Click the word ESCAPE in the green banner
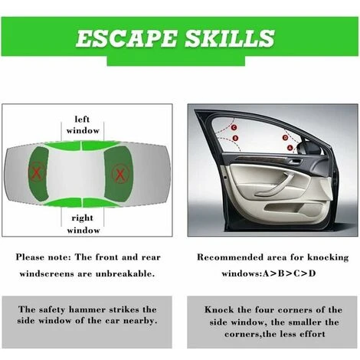[x=126, y=38]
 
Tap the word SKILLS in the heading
[x=230, y=38]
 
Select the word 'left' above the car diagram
[x=82, y=119]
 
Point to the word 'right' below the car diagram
[x=82, y=218]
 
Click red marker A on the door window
[x=290, y=148]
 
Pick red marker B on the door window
[x=235, y=138]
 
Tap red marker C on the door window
[x=234, y=127]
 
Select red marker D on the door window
[x=286, y=138]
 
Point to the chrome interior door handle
[x=295, y=162]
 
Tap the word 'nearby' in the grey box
[x=140, y=321]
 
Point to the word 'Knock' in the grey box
[x=219, y=310]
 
